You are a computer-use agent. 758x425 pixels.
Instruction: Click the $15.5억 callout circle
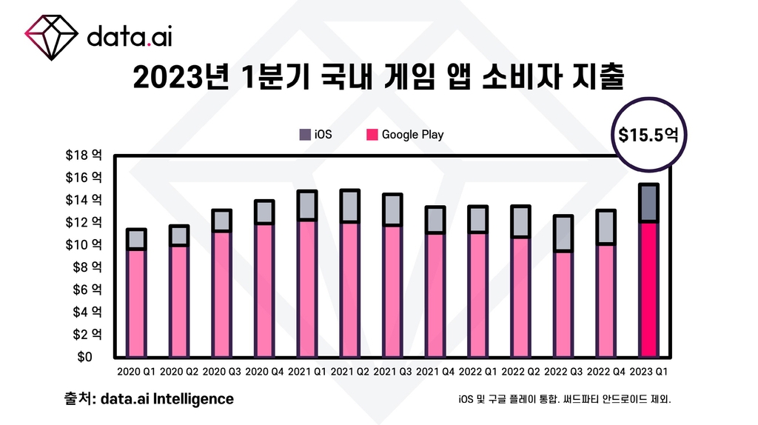pyautogui.click(x=648, y=135)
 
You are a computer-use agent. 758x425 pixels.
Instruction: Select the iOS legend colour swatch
pyautogui.click(x=305, y=135)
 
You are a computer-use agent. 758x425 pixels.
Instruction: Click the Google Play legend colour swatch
pyautogui.click(x=371, y=135)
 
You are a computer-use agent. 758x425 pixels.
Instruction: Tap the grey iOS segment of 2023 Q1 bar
pyautogui.click(x=648, y=202)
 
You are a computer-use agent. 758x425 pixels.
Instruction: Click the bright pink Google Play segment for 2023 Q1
pyautogui.click(x=648, y=289)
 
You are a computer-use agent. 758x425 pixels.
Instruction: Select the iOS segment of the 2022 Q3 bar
pyautogui.click(x=563, y=233)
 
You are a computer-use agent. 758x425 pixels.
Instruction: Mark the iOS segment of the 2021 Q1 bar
pyautogui.click(x=306, y=205)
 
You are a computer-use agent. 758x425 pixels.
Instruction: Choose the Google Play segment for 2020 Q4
pyautogui.click(x=264, y=289)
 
